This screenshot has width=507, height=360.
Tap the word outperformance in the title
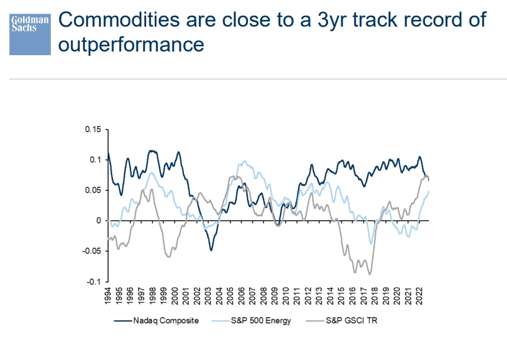[x=130, y=44]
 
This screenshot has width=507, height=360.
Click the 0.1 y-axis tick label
[x=95, y=159]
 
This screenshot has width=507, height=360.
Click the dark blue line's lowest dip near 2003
[x=211, y=250]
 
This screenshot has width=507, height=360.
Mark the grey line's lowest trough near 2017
[x=369, y=274]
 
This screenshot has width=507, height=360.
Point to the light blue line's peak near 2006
[x=245, y=161]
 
